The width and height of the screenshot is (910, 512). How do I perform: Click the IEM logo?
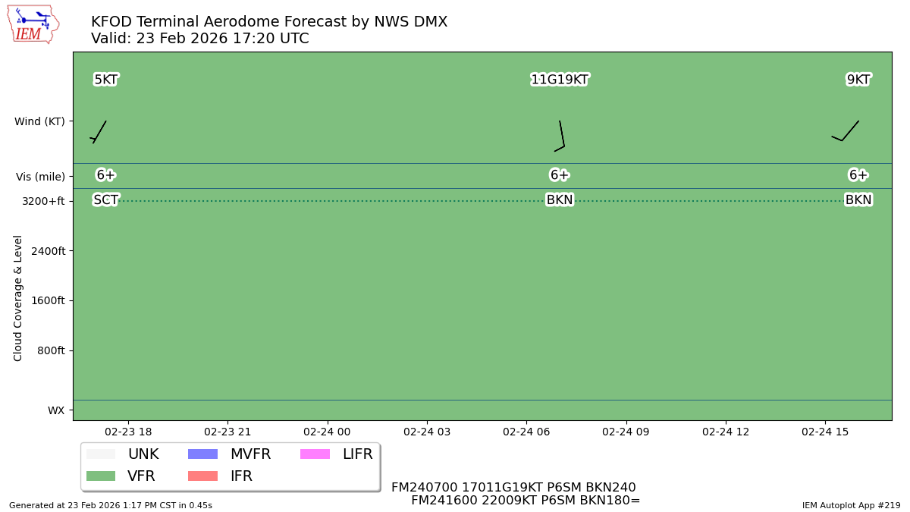click(33, 24)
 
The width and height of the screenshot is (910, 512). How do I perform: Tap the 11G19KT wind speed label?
click(560, 80)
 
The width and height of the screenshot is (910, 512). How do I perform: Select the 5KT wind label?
click(105, 80)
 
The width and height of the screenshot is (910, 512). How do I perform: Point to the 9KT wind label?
click(858, 80)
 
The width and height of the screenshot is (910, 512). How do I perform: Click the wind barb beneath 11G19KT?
click(560, 137)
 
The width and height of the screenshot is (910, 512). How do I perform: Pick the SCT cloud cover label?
click(105, 200)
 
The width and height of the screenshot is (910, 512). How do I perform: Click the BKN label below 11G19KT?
click(560, 200)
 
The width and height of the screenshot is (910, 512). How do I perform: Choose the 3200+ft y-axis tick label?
click(43, 201)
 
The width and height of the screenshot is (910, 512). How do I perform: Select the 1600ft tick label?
click(48, 300)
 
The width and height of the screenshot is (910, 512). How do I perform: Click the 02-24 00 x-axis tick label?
click(327, 432)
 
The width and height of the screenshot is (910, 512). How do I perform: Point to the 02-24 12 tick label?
click(726, 432)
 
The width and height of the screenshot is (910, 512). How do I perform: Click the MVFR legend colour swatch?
click(202, 454)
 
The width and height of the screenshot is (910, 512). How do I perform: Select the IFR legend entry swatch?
click(202, 476)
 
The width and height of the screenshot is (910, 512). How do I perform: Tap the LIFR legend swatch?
click(315, 454)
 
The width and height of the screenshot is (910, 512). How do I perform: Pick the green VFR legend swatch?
click(101, 476)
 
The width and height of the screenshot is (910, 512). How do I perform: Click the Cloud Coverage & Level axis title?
click(18, 297)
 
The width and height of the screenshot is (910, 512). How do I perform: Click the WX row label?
click(56, 410)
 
